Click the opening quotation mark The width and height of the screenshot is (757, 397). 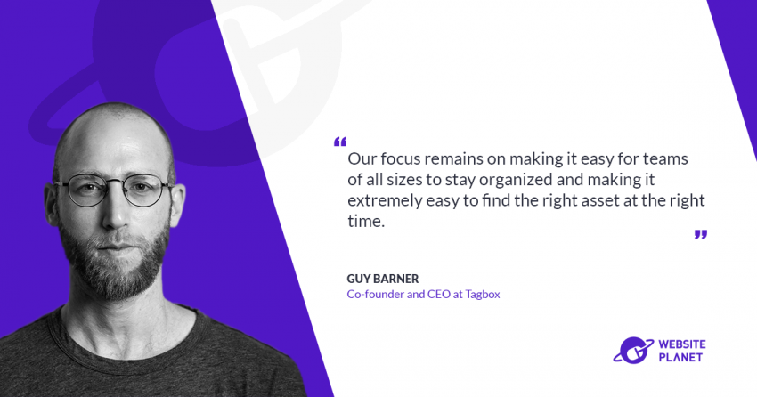point(340,142)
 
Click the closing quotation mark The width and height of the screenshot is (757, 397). point(700,235)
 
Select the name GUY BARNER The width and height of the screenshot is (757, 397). point(383,279)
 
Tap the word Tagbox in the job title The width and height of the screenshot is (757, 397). point(481,295)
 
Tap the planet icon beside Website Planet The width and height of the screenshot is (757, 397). point(632,351)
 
